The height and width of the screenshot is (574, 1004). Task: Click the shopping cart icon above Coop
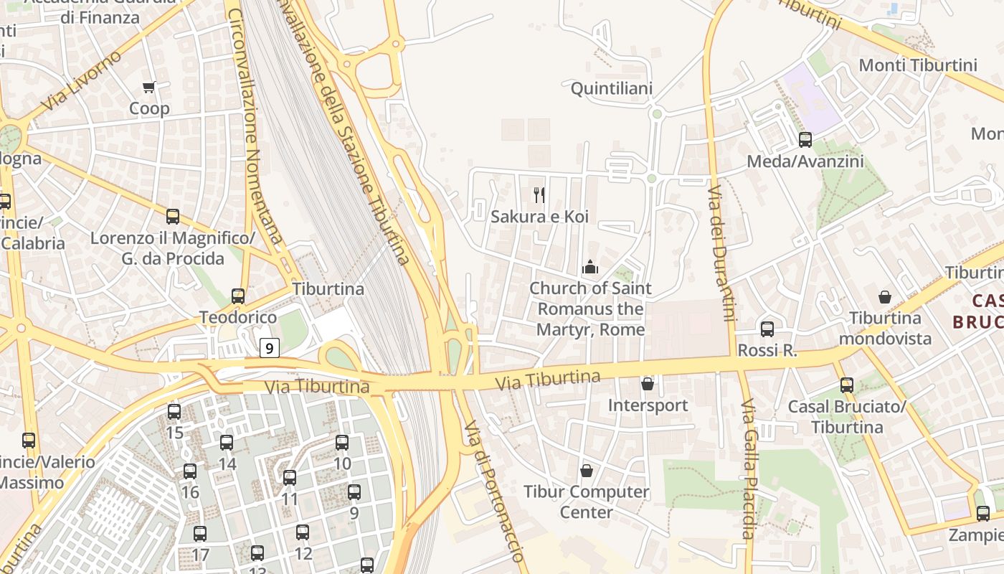click(148, 87)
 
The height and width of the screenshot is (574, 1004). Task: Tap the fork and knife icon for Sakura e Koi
click(539, 194)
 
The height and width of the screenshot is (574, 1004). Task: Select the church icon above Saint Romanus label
click(590, 268)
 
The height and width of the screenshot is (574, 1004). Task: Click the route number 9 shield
click(269, 349)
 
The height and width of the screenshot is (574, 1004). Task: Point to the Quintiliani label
click(611, 88)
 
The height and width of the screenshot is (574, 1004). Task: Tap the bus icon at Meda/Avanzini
click(805, 140)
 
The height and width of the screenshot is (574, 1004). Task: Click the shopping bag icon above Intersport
click(648, 384)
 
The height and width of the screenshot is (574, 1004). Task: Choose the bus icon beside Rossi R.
click(767, 329)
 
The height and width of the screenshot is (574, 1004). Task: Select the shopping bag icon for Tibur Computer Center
click(587, 471)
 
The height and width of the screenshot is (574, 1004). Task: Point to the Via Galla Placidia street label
click(748, 469)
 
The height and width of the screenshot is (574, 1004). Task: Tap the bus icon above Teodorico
click(237, 296)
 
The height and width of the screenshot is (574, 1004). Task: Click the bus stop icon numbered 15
click(174, 412)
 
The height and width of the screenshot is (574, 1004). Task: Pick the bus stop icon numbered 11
click(290, 477)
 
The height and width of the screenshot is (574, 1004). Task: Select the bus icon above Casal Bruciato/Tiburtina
click(847, 385)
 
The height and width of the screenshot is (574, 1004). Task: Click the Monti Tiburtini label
click(917, 65)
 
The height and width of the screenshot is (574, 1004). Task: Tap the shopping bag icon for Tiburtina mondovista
click(885, 296)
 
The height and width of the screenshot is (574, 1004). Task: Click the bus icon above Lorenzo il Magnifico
click(173, 217)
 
